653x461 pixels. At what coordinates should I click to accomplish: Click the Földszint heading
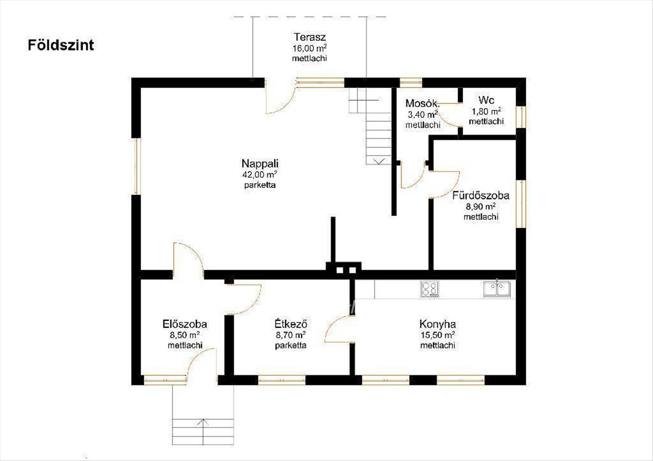pos(61,46)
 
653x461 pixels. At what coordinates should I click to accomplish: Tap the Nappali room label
pos(260,164)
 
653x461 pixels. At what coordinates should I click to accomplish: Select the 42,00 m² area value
pos(260,175)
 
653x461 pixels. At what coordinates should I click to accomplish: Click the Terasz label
pos(309,38)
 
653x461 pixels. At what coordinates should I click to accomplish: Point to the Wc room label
pos(486,100)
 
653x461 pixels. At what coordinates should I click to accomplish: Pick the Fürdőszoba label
pos(480,195)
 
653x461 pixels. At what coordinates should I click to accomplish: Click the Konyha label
pos(438,324)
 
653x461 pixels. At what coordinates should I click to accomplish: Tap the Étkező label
pos(291,323)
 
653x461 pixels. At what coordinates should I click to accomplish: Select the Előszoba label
pos(185,324)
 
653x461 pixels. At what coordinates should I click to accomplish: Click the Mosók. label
pos(422,103)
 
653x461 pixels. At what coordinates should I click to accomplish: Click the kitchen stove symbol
pos(430,289)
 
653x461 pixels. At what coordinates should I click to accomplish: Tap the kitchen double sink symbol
pos(497,289)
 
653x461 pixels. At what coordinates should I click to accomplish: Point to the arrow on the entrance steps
pos(203,422)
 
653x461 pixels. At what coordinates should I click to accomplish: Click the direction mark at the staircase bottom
pos(379,161)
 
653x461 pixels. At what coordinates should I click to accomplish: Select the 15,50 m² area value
pos(438,335)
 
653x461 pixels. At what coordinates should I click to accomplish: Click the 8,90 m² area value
pos(480,207)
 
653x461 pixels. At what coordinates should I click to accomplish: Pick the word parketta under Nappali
pos(260,185)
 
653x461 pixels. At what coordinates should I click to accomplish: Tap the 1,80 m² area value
pos(486,111)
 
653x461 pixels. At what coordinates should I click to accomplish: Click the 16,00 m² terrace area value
pos(309,48)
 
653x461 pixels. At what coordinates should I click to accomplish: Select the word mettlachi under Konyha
pos(438,345)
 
